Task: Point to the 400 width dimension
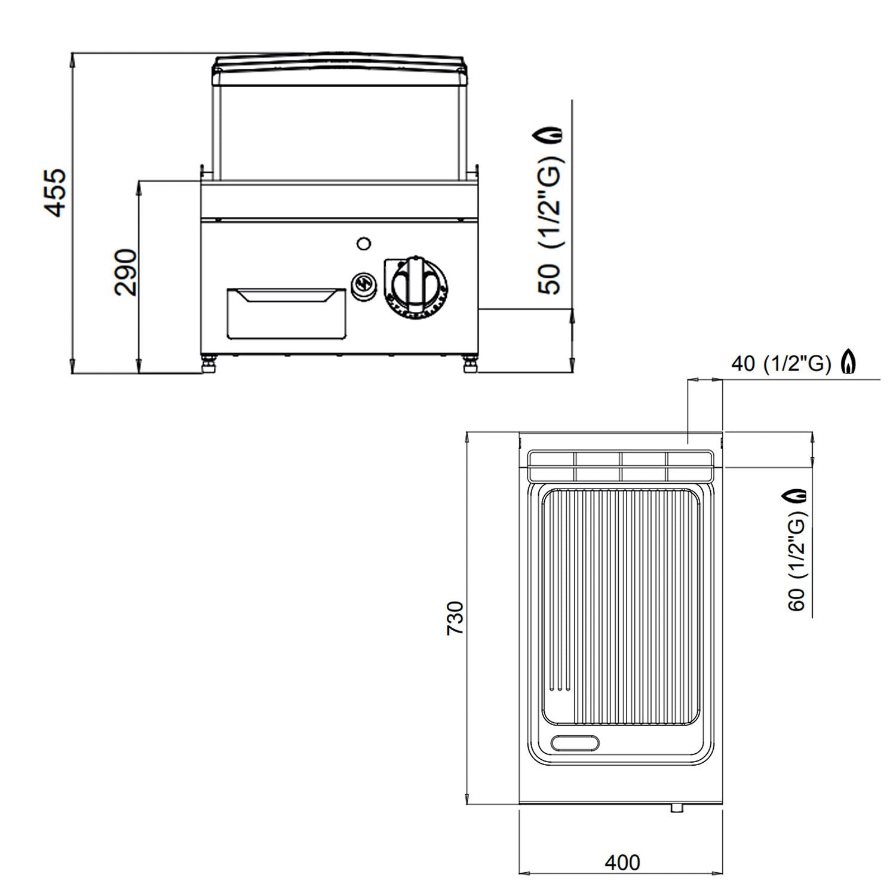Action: coord(622,862)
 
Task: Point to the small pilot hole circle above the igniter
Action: coord(363,243)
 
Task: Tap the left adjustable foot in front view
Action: coord(208,364)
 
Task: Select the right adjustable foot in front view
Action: coord(470,364)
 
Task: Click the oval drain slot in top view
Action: coord(576,742)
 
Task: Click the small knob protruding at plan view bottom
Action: coord(676,808)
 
